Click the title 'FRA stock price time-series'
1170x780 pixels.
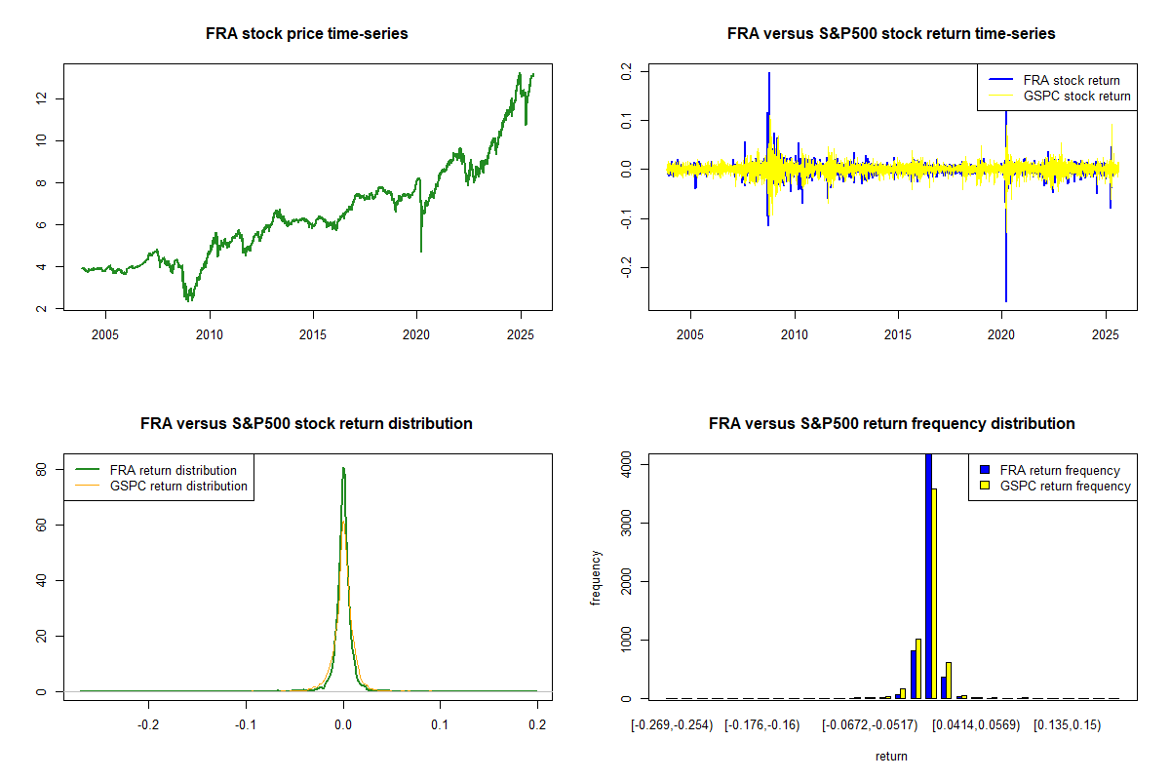click(307, 34)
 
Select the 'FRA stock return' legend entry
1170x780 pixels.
click(1071, 80)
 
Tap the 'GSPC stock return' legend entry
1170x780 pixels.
click(1076, 96)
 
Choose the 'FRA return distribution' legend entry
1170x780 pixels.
click(173, 470)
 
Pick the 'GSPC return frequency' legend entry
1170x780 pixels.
click(1065, 486)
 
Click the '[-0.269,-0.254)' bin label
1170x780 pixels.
click(673, 725)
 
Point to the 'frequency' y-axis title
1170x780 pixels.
click(596, 577)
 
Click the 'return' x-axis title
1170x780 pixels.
click(891, 756)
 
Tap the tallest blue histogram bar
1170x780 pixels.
click(928, 575)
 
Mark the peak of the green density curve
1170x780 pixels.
click(343, 469)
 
